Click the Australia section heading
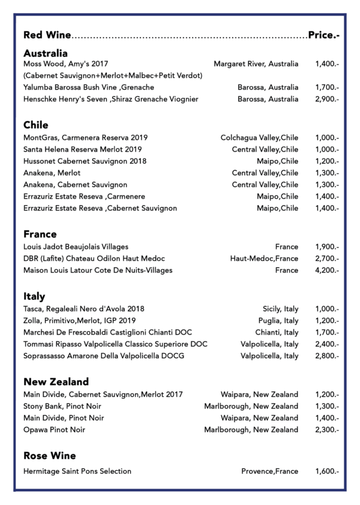(x=46, y=53)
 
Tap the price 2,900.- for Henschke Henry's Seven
(x=327, y=99)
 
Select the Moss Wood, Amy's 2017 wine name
(x=65, y=64)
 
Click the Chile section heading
(x=36, y=125)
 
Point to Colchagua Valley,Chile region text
(x=259, y=137)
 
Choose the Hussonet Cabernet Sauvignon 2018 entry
(x=85, y=161)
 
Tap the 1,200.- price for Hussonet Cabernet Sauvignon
(x=327, y=161)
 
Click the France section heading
(x=40, y=235)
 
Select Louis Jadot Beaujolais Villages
(x=76, y=247)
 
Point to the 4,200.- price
(x=327, y=270)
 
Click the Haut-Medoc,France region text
(x=264, y=258)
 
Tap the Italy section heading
(x=34, y=297)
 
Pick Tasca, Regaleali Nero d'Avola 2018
(x=84, y=309)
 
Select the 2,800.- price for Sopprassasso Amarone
(x=327, y=356)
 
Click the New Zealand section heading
(x=56, y=382)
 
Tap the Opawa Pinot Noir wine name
(x=54, y=430)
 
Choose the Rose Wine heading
(x=50, y=456)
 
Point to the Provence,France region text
(x=269, y=471)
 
